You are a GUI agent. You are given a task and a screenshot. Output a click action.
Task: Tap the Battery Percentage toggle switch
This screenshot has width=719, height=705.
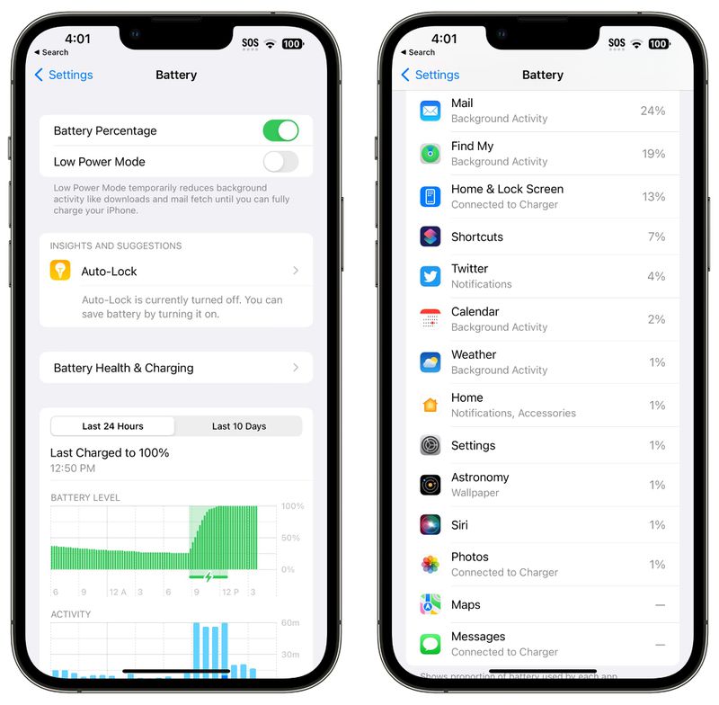pos(280,130)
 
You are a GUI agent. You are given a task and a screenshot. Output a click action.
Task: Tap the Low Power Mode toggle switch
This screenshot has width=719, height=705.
pos(280,162)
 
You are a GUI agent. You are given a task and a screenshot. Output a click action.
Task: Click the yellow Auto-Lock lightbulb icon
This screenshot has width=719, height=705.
pos(60,271)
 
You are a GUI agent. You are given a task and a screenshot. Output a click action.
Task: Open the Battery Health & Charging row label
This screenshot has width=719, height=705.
pos(123,368)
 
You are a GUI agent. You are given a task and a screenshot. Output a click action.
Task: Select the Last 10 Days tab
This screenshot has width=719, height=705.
pos(239,426)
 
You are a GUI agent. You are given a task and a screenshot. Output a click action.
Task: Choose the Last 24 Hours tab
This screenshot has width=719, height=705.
pos(113,426)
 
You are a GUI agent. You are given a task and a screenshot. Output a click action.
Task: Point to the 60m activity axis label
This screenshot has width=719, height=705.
pos(291,622)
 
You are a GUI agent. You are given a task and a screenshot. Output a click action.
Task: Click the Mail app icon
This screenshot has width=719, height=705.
pos(431,111)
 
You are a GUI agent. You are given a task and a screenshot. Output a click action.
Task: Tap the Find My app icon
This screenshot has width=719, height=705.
pos(431,154)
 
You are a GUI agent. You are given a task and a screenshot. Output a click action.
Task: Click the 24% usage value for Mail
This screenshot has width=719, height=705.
pos(652,111)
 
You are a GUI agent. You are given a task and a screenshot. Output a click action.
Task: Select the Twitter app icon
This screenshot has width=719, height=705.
pos(431,276)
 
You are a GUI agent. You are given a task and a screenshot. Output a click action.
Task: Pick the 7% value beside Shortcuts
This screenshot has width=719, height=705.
pos(656,236)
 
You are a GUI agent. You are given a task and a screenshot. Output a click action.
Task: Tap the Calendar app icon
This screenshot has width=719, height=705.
pos(431,319)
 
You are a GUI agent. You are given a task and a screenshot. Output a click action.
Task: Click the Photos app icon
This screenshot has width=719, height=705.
pos(431,565)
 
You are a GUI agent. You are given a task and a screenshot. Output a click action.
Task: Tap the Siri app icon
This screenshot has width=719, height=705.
pos(431,525)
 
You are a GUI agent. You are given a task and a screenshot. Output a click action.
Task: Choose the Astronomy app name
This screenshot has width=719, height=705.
pos(480,477)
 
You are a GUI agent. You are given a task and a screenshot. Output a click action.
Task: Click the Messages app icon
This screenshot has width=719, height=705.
pos(431,644)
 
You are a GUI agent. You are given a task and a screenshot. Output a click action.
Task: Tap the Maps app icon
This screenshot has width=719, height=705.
pos(431,604)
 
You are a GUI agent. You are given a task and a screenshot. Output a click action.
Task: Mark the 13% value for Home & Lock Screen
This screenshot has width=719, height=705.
pos(653,197)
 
